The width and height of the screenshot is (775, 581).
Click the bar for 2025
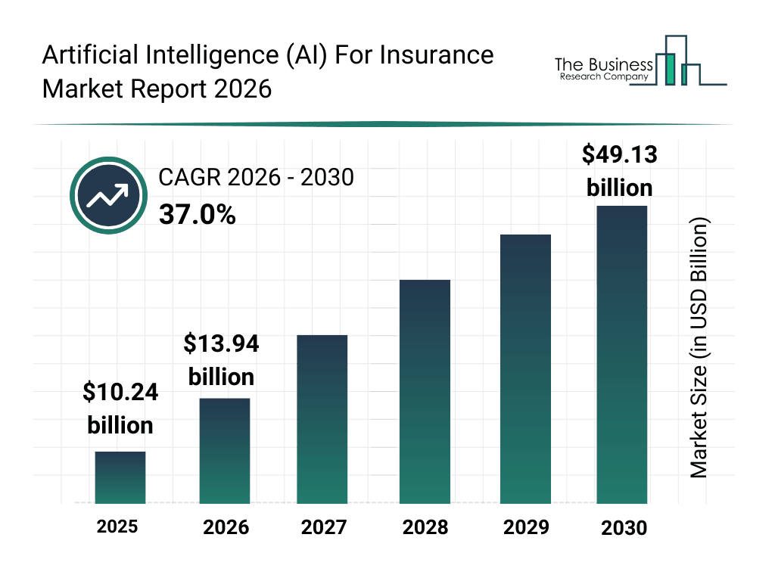tap(120, 477)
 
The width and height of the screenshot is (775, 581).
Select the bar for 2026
tap(225, 451)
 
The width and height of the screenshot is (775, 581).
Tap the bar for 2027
tap(322, 419)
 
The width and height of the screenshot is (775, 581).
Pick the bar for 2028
tap(425, 392)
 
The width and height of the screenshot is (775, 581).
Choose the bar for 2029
tap(525, 369)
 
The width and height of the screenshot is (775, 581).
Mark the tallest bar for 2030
tap(622, 354)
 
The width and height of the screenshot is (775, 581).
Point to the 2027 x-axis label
tap(324, 527)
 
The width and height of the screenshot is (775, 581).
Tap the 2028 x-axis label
tap(425, 527)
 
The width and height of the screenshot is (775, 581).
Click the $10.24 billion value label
tap(120, 409)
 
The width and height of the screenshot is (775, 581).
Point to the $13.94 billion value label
tap(221, 360)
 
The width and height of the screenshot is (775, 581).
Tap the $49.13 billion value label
tap(619, 171)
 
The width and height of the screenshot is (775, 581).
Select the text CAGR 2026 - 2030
tap(256, 178)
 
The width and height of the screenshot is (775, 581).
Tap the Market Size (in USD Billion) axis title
tap(699, 348)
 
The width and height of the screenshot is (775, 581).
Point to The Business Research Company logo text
tap(602, 69)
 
